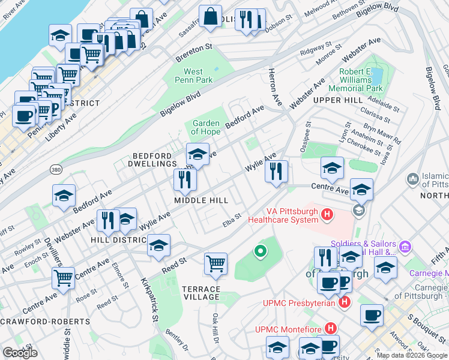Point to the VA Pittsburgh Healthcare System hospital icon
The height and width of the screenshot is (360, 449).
(x=327, y=214)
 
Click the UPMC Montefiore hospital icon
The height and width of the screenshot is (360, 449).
(x=330, y=328)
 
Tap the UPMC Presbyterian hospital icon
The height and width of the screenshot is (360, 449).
(x=344, y=302)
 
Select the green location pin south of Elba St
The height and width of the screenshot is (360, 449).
(x=260, y=251)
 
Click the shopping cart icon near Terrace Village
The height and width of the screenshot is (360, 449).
(x=216, y=263)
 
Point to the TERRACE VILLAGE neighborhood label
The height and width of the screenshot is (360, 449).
(x=201, y=293)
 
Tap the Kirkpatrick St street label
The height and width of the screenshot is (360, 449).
(x=149, y=298)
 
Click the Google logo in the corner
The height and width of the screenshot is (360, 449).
(x=20, y=353)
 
